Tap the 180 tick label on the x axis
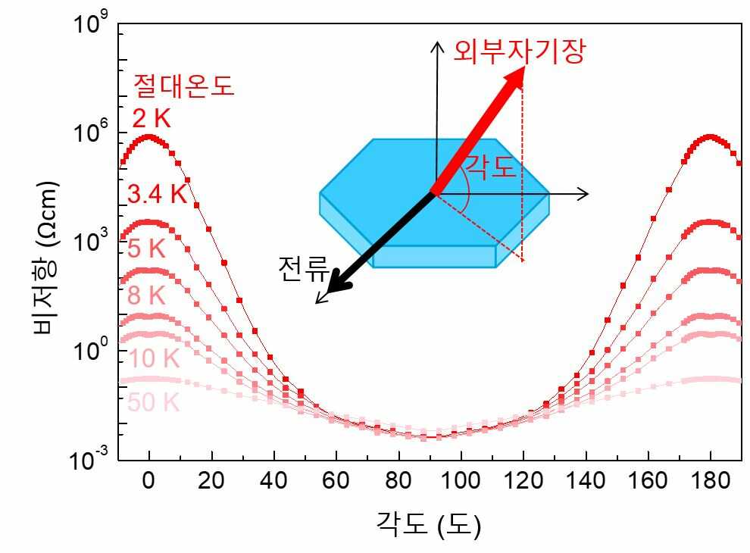[710, 481]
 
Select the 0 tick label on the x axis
[149, 481]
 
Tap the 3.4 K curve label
[157, 195]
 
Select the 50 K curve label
[153, 403]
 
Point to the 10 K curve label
[153, 358]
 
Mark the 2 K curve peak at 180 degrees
[710, 137]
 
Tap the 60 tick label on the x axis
[336, 481]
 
